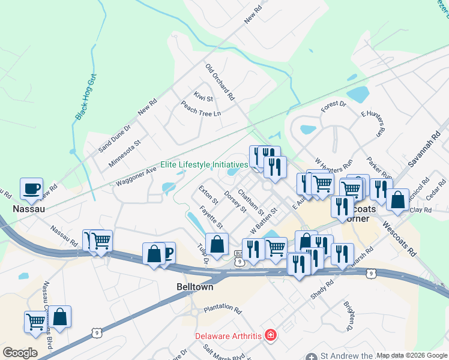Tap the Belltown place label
tap(195, 287)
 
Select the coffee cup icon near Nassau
tap(31, 189)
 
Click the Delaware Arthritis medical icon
tap(271, 334)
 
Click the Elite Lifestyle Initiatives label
tap(204, 164)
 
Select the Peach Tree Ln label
tap(201, 109)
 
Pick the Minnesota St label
tap(124, 154)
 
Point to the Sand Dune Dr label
tap(115, 138)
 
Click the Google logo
tap(20, 352)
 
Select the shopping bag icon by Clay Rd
tap(398, 201)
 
